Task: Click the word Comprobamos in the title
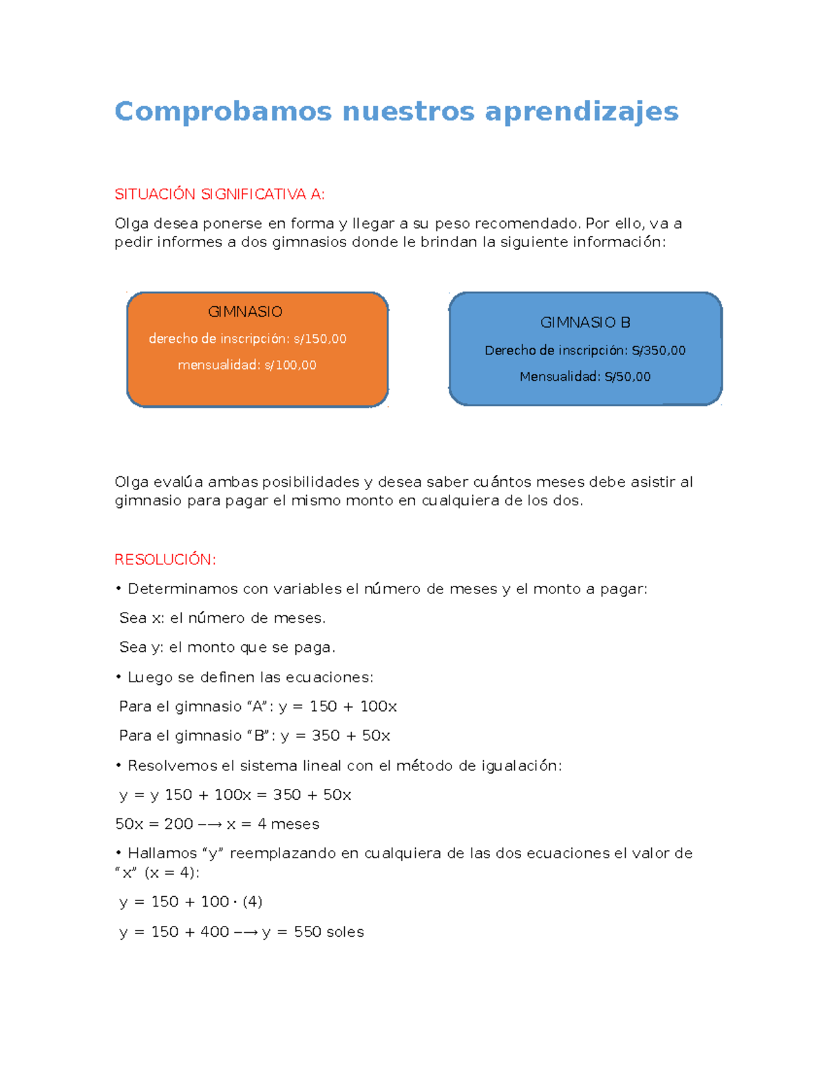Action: pyautogui.click(x=223, y=112)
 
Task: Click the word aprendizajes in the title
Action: pyautogui.click(x=582, y=112)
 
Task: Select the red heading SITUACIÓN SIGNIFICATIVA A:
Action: pyautogui.click(x=219, y=194)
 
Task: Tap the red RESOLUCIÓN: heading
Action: pyautogui.click(x=165, y=560)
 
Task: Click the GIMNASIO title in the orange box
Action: pyautogui.click(x=245, y=312)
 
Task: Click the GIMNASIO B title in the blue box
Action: pyautogui.click(x=585, y=323)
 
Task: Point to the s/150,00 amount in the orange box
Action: pyautogui.click(x=320, y=339)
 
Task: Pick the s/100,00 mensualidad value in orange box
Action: pyautogui.click(x=290, y=365)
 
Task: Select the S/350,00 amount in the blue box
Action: pyautogui.click(x=659, y=350)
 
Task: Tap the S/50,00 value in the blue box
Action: pyautogui.click(x=628, y=377)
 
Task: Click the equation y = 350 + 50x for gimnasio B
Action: pyautogui.click(x=335, y=735)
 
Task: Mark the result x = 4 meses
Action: pyautogui.click(x=273, y=824)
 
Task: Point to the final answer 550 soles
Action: pyautogui.click(x=329, y=932)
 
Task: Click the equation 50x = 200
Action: pyautogui.click(x=154, y=824)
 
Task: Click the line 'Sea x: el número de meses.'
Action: pyautogui.click(x=222, y=618)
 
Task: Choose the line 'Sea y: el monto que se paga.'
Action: pyautogui.click(x=227, y=647)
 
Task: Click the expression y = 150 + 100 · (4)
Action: pyautogui.click(x=191, y=902)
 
